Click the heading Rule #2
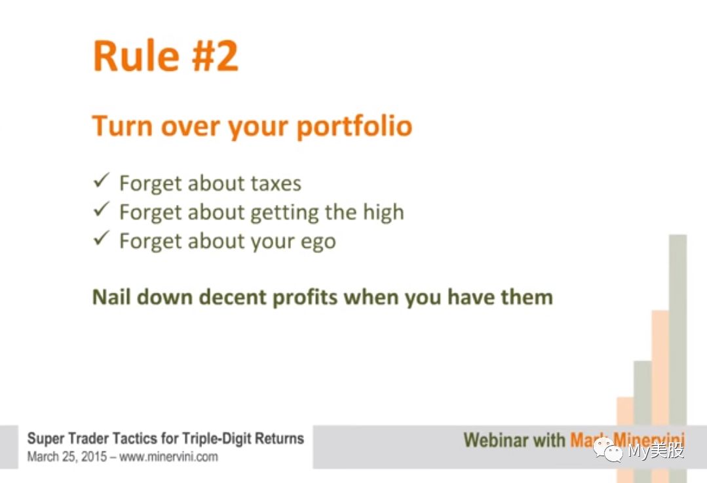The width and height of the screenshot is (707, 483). click(166, 56)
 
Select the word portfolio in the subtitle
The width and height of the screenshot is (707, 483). click(354, 126)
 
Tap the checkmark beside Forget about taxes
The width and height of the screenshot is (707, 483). click(102, 180)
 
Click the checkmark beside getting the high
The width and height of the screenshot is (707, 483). click(102, 209)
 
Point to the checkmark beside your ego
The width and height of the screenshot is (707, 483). click(102, 238)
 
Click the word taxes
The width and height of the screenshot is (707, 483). click(276, 184)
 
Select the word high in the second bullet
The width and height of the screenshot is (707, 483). click(384, 212)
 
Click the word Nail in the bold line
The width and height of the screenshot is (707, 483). click(111, 297)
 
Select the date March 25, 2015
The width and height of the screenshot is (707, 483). click(67, 456)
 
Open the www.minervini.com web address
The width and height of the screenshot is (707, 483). click(168, 457)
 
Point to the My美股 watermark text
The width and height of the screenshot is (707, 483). click(656, 450)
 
